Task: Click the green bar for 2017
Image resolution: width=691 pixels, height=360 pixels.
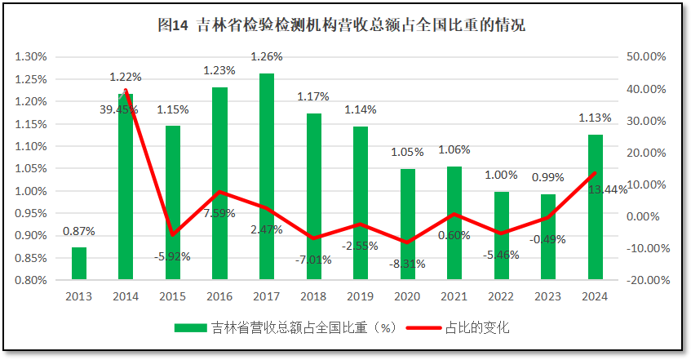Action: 267,176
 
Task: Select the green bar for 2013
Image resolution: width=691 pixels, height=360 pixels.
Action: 79,263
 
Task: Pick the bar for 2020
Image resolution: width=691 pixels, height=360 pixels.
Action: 408,224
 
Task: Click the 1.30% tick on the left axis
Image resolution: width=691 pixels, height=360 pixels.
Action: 31,57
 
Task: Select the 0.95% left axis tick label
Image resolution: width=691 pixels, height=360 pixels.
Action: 31,213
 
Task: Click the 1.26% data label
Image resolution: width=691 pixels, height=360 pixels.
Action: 267,56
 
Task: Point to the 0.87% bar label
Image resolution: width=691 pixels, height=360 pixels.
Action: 79,231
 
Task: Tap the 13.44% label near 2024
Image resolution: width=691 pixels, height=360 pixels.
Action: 608,189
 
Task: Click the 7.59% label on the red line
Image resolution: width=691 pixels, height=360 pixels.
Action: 219,213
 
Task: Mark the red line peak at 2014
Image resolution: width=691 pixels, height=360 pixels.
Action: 126,90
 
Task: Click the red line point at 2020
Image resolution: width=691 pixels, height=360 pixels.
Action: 408,242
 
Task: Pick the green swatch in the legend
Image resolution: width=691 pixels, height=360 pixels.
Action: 190,327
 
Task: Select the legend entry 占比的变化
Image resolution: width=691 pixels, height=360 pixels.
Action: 477,327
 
